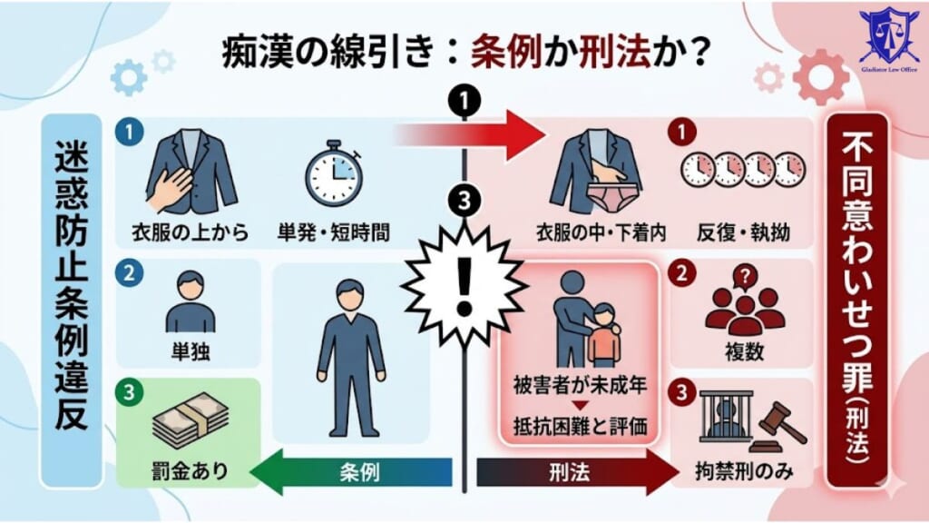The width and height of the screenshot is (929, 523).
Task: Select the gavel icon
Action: [x=779, y=423]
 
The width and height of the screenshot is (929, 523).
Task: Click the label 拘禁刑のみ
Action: [x=743, y=471]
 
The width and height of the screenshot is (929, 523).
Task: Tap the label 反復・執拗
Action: [x=744, y=232]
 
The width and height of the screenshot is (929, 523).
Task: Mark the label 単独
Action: [x=191, y=350]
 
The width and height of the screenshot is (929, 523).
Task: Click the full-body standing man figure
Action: [x=349, y=355]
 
